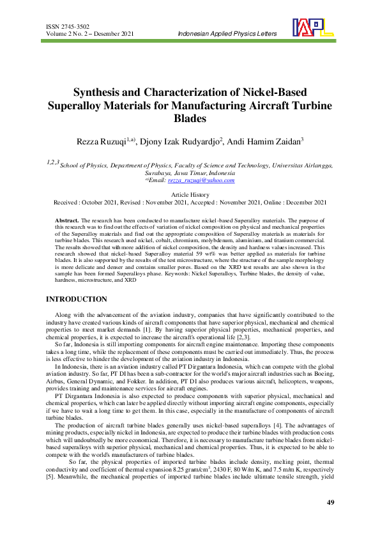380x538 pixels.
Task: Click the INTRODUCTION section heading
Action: pyautogui.click(x=77, y=299)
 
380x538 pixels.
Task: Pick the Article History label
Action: pyautogui.click(x=190, y=194)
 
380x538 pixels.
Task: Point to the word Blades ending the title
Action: pyautogui.click(x=190, y=118)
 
